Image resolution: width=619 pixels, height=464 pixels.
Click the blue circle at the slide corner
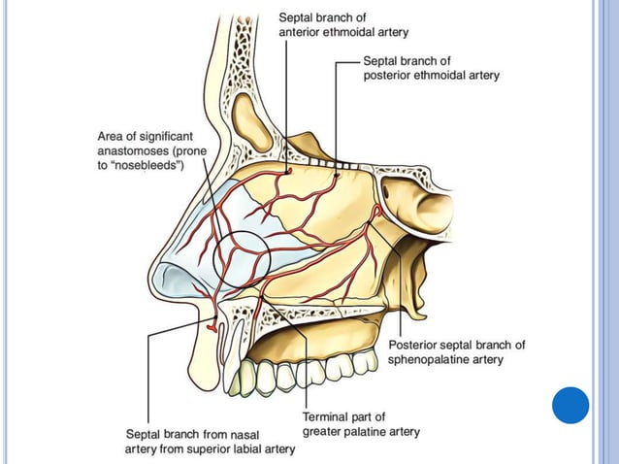[x=570, y=406]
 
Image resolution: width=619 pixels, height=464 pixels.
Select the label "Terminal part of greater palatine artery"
[x=361, y=424]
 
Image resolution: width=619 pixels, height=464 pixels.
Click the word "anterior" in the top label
[x=299, y=32]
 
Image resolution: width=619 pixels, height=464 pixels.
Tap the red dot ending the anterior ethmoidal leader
[x=289, y=171]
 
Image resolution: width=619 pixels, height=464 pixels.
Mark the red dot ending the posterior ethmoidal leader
[x=337, y=175]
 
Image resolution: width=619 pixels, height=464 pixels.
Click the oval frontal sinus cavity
[x=251, y=123]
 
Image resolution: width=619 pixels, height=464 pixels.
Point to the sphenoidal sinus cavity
[x=418, y=204]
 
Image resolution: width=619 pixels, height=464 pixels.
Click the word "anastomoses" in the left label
[x=133, y=150]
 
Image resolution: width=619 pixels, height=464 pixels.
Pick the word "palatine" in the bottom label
[x=362, y=432]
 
